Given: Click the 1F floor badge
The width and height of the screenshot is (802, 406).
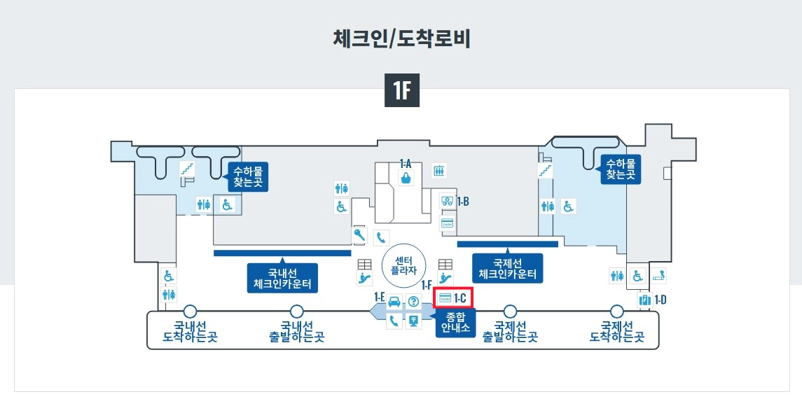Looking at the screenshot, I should (402, 91).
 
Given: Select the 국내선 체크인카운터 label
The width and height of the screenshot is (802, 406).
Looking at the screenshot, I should (282, 278).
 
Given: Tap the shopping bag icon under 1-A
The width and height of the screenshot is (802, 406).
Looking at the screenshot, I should (406, 178).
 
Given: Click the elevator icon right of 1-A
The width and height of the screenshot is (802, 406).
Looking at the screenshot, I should (439, 170).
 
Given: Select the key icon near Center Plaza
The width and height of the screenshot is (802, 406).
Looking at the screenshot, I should (360, 235).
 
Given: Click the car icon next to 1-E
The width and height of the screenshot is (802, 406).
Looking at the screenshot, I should (394, 302).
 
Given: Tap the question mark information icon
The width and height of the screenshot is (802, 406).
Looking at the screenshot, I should (413, 302).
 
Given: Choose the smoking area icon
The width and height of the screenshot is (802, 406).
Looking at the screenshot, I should (658, 275).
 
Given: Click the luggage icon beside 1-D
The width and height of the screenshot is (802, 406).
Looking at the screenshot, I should (645, 300).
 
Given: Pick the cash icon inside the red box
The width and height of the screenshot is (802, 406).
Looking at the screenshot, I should (445, 299).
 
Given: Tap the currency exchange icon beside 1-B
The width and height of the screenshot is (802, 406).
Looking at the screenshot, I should (447, 202).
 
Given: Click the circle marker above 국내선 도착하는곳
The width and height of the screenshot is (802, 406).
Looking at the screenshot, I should (190, 311).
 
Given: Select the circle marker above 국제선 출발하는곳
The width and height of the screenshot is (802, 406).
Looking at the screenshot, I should (510, 311).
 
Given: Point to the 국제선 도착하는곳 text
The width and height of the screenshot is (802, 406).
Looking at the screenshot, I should (617, 331).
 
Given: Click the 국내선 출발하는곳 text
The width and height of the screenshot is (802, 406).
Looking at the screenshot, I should (297, 331).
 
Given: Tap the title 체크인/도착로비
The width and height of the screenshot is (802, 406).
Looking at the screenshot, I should (401, 38).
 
